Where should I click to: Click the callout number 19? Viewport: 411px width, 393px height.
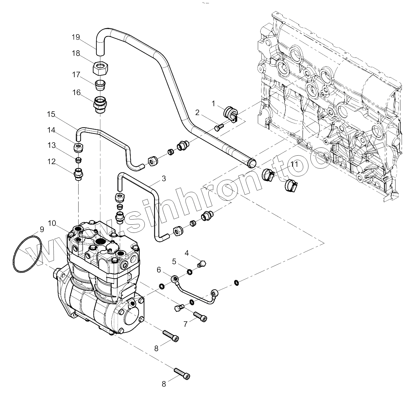76,37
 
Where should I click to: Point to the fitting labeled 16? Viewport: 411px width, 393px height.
99,104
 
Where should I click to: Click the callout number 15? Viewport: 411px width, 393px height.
51,114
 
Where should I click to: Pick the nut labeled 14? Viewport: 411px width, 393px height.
79,147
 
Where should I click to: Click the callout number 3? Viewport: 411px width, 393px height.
164,178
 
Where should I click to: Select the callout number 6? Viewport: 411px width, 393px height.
159,269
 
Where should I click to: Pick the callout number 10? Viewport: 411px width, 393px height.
52,223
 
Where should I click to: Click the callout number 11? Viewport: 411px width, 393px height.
294,165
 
